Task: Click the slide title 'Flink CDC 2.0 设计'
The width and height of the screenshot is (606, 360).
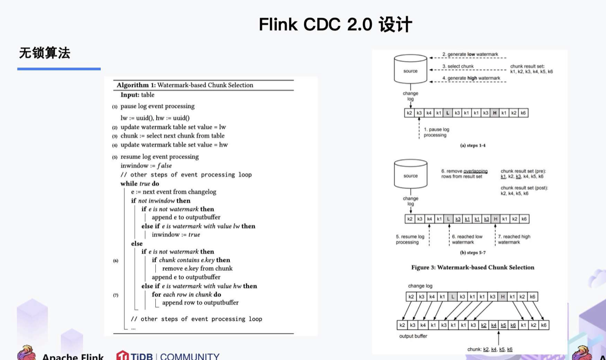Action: (x=335, y=24)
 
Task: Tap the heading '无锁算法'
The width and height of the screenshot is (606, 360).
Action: (x=44, y=53)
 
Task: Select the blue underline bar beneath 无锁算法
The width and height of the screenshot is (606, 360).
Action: (x=59, y=69)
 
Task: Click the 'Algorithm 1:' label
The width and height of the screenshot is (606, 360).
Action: (x=135, y=85)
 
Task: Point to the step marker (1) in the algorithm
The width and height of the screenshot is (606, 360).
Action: (x=115, y=107)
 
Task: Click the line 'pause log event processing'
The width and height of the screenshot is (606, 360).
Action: (x=157, y=106)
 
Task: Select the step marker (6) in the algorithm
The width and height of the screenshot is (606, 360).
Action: (x=116, y=261)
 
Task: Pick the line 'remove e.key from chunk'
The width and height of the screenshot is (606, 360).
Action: (x=197, y=269)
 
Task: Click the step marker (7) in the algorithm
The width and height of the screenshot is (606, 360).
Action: (x=116, y=295)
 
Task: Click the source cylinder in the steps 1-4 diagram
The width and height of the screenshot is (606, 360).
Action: (x=410, y=69)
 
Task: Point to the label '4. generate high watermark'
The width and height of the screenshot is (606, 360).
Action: (x=471, y=78)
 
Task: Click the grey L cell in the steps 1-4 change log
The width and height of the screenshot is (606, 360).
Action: (x=448, y=113)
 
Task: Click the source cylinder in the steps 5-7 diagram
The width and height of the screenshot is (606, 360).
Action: (x=410, y=174)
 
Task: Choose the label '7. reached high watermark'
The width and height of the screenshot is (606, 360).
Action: (x=514, y=239)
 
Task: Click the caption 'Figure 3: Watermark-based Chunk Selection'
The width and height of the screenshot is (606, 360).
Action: (x=473, y=268)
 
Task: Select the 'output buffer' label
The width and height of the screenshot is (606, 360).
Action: (x=413, y=336)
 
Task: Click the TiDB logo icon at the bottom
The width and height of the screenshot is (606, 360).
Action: (x=123, y=356)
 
